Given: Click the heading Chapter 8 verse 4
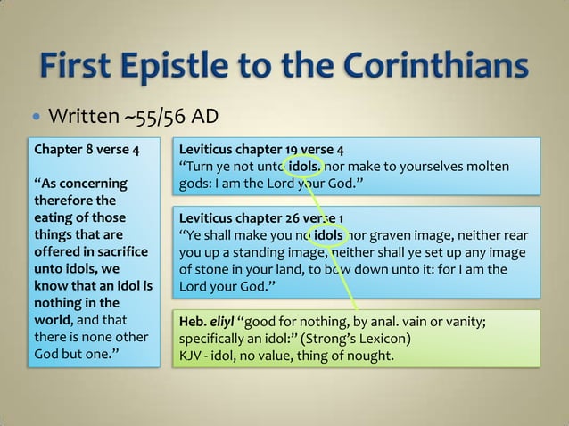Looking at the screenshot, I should click(86, 149).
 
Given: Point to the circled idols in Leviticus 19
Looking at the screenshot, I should click(304, 167).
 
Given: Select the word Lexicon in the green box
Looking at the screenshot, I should click(384, 340).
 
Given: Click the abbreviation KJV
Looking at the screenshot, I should click(193, 357).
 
